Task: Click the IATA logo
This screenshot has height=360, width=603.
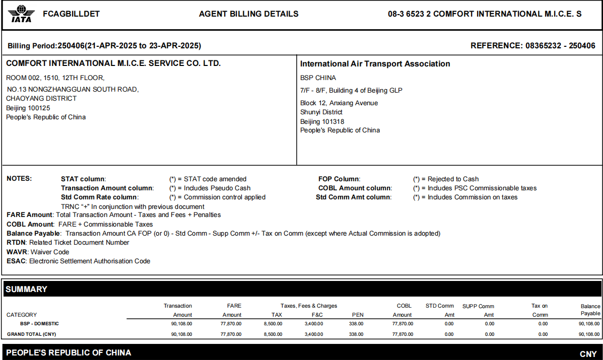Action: tap(21, 14)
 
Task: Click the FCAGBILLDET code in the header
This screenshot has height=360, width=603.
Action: tap(72, 14)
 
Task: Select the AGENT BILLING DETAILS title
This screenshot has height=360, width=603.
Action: tap(249, 14)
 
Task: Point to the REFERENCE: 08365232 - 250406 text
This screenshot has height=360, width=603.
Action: tap(532, 46)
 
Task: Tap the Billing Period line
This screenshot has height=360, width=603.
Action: tap(104, 46)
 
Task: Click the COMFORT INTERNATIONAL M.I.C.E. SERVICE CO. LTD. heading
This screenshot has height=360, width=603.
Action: tap(113, 63)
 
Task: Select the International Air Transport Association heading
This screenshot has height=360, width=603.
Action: tap(375, 64)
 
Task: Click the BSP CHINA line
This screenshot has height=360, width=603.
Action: tap(318, 78)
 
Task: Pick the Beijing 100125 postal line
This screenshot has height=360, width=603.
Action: tap(28, 108)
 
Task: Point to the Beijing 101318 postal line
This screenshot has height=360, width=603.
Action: tap(322, 121)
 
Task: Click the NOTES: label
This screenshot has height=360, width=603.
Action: tap(19, 179)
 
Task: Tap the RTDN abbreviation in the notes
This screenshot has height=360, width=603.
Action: tap(16, 243)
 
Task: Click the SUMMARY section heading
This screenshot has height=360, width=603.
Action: tap(26, 290)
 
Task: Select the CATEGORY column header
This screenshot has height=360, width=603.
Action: tap(22, 315)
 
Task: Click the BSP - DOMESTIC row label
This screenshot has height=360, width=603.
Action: tap(40, 324)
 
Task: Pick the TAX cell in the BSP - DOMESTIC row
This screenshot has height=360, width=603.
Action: tap(273, 324)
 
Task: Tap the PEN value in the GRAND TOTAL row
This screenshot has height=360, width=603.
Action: tap(356, 334)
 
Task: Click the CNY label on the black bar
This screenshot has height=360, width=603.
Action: tap(588, 354)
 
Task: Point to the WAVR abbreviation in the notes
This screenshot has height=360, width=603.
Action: tap(17, 252)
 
